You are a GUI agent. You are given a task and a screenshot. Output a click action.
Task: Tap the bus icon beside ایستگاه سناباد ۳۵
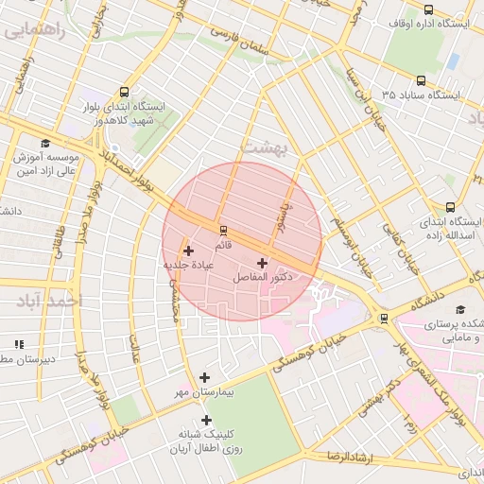[420, 81]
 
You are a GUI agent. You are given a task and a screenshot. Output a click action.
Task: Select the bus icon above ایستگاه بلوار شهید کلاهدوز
[125, 93]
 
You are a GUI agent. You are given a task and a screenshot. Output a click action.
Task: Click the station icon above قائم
[223, 230]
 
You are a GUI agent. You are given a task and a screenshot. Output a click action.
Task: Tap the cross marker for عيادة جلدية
[189, 251]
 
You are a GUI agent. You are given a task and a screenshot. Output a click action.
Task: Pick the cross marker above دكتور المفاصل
[262, 262]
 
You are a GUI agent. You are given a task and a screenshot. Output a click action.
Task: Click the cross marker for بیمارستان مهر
[205, 377]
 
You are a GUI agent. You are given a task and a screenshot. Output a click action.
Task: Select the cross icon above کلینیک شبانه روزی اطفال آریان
[206, 420]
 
